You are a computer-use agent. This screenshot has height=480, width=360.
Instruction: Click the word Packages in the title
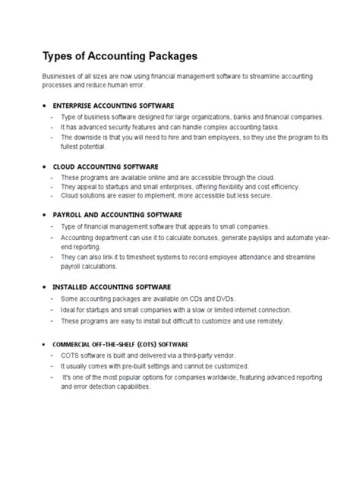[172, 56]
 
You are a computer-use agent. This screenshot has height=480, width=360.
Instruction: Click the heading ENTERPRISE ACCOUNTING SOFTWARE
[113, 105]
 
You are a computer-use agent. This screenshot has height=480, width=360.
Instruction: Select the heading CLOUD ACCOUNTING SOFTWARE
[105, 166]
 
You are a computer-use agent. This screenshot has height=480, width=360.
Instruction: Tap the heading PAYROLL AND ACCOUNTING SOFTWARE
[117, 215]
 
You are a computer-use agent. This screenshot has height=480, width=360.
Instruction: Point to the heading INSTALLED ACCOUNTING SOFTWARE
[112, 287]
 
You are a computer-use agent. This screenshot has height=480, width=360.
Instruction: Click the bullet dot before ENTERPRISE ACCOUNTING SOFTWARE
[44, 106]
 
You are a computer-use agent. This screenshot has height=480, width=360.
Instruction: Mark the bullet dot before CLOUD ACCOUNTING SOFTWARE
[44, 167]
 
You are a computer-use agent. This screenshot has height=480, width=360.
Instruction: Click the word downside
[86, 137]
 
